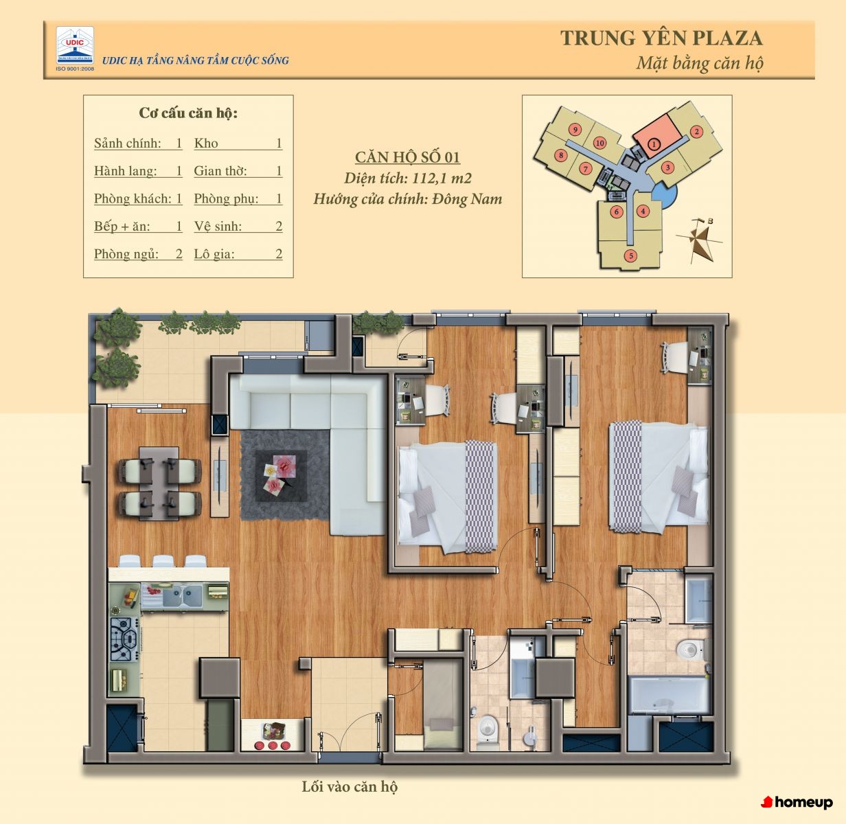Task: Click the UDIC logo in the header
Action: (75, 45)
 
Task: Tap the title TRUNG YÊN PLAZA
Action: (661, 38)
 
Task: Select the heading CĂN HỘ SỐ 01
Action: (407, 157)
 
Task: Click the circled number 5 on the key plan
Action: (631, 255)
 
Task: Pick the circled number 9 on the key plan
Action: (575, 129)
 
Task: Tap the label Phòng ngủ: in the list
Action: (126, 254)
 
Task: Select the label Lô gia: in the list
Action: (214, 254)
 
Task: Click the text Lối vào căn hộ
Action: (350, 787)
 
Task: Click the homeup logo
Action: (797, 803)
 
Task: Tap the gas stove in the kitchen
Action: (124, 639)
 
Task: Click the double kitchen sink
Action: (183, 596)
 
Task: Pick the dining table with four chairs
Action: (159, 483)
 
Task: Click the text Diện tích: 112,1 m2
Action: (408, 179)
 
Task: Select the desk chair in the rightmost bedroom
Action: (673, 358)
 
